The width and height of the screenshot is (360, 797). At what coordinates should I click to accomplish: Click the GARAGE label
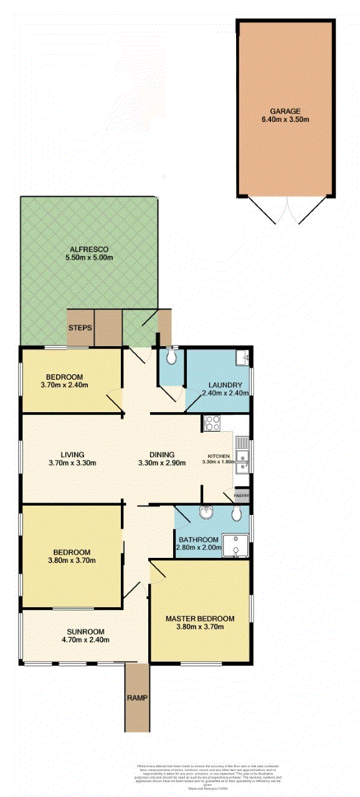coord(285,111)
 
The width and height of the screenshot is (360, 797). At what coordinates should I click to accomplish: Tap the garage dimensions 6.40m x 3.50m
coord(285,120)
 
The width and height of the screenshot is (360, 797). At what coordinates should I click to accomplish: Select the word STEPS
coord(80,328)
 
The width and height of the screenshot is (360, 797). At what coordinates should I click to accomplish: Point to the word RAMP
coord(137,697)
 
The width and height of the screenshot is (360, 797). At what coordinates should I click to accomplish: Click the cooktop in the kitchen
coord(212,423)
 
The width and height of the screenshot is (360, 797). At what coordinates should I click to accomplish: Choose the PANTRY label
coord(242,496)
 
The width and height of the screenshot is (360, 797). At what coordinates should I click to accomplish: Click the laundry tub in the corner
coord(242,358)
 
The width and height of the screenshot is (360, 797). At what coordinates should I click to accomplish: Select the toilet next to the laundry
coord(171,359)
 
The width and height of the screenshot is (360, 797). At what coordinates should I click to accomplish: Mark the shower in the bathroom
coord(236,544)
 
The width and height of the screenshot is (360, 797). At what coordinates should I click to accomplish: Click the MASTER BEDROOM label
coord(200,618)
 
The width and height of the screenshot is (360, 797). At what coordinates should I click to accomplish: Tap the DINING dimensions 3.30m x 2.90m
coord(156,463)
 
